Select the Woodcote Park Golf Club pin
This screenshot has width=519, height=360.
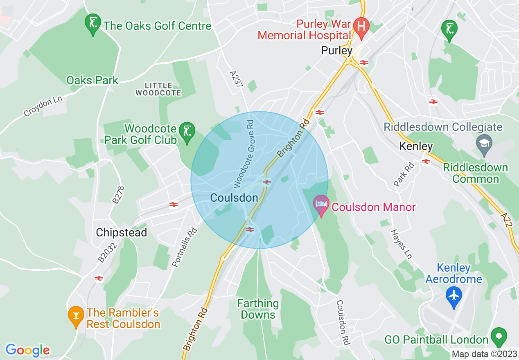(187, 132)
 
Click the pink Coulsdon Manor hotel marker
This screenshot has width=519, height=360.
(321, 204)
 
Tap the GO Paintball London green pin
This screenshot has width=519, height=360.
(499, 337)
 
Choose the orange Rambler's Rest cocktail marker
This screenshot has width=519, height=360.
(76, 316)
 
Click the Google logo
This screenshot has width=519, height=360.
(27, 350)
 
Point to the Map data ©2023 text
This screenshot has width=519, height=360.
(484, 354)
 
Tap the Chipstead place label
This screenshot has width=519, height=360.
(121, 232)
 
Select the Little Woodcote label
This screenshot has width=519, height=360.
(158, 89)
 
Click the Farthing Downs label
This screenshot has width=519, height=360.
(258, 309)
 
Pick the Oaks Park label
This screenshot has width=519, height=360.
(92, 80)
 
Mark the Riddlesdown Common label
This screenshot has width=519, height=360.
(475, 173)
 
